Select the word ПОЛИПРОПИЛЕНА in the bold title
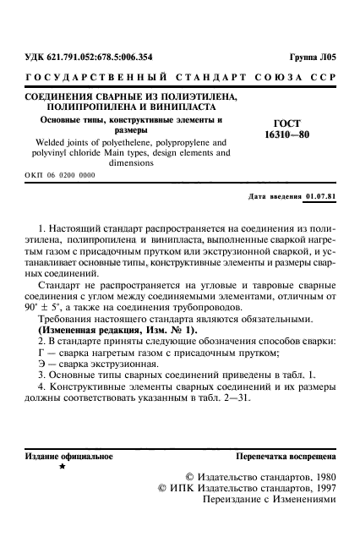(x=98, y=108)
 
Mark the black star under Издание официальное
(x=61, y=467)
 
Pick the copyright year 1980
(x=321, y=477)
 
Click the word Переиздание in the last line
(x=233, y=499)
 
